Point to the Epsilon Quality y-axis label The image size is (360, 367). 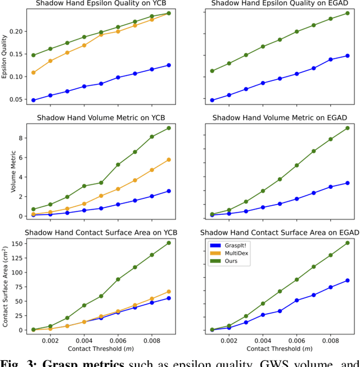pos(5,56)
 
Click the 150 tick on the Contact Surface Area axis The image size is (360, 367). pos(15,243)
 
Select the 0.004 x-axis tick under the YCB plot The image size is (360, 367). pos(84,341)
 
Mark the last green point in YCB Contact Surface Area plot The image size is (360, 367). pos(168,243)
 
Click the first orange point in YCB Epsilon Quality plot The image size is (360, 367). pos(33,73)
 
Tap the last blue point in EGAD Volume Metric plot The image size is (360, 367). pos(347,183)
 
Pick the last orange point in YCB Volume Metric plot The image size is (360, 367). pos(168,160)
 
